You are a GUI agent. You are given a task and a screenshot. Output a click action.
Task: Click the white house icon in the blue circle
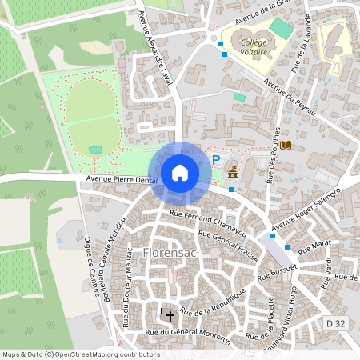click(x=180, y=173)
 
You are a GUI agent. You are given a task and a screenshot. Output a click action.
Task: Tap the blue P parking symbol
click(x=216, y=159)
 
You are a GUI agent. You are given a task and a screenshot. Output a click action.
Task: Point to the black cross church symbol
click(x=168, y=314)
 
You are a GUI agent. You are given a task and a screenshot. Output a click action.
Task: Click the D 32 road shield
click(x=335, y=322)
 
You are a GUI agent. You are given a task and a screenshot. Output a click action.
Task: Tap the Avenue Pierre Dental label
click(x=121, y=182)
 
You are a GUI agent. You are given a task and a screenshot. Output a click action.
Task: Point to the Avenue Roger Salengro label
click(x=306, y=209)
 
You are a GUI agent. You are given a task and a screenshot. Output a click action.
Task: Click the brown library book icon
click(x=286, y=146)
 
